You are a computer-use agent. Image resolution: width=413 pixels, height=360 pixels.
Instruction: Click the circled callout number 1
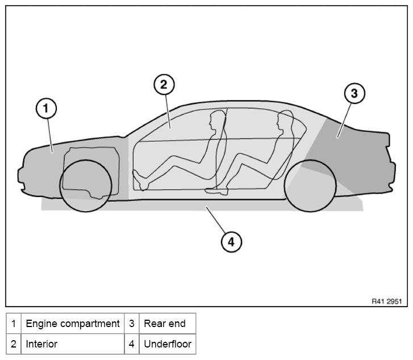[x=46, y=108]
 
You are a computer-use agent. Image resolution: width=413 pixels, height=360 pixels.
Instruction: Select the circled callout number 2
[x=164, y=85]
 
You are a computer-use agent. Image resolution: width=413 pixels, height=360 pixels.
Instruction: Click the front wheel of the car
[x=86, y=186]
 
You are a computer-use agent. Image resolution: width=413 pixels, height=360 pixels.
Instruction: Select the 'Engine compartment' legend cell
[x=73, y=324]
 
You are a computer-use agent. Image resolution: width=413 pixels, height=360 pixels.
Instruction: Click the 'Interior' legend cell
[x=73, y=344]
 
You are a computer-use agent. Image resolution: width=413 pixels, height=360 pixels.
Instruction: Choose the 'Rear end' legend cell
[x=167, y=324]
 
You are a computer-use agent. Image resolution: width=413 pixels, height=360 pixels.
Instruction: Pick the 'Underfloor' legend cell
[x=167, y=344]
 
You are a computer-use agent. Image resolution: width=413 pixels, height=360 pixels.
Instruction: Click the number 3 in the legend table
[x=131, y=324]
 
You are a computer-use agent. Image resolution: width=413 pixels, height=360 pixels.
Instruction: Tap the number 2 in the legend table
[x=14, y=344]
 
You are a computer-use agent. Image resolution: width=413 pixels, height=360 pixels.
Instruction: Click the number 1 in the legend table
[x=14, y=324]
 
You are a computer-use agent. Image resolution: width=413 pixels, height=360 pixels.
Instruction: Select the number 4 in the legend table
[x=131, y=344]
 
